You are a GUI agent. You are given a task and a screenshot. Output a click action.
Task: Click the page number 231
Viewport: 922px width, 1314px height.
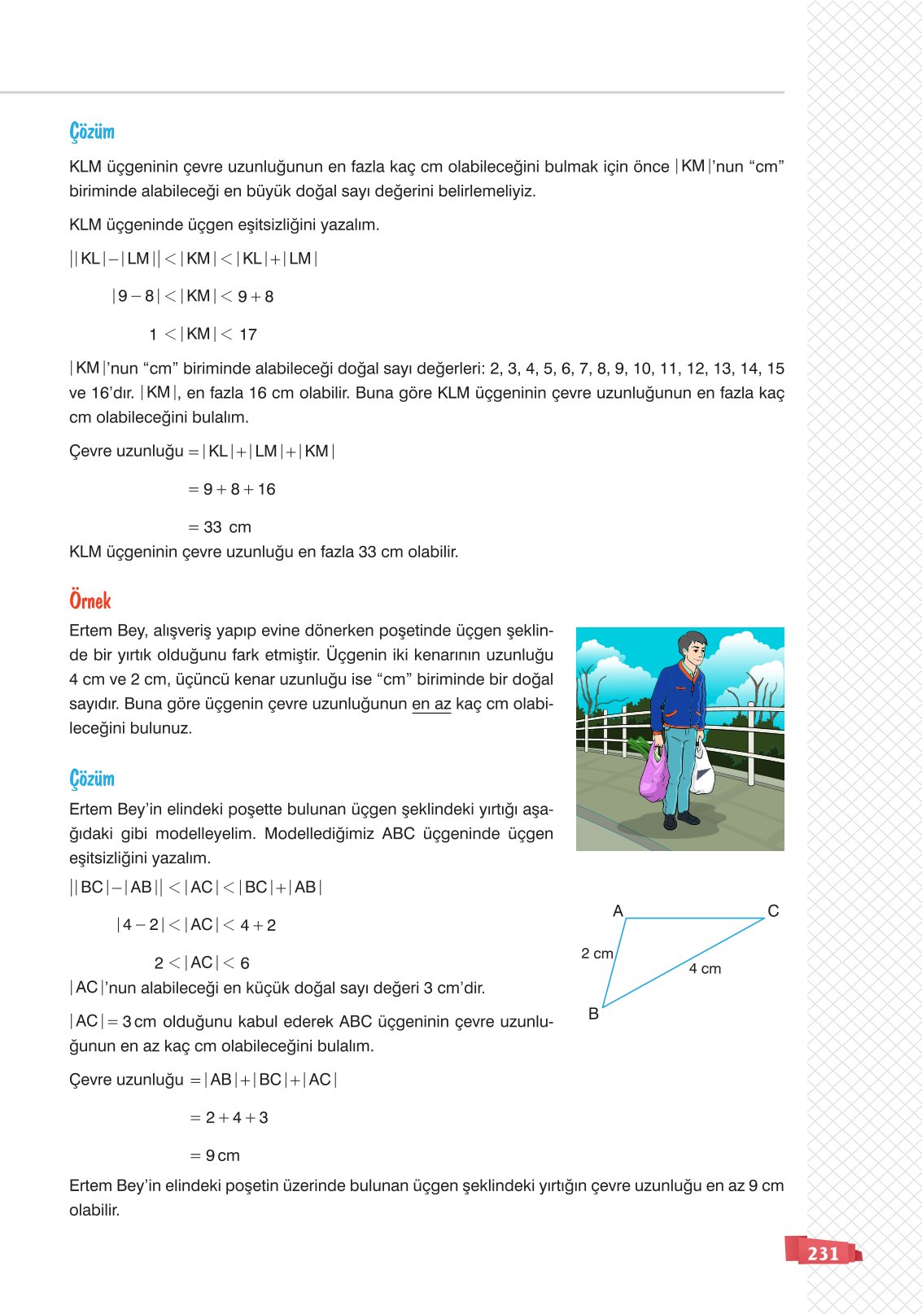point(823,1253)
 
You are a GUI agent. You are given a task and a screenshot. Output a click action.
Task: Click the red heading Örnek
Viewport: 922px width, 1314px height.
point(90,600)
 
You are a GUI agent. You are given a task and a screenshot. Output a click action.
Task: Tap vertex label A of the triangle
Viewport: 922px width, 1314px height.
point(618,910)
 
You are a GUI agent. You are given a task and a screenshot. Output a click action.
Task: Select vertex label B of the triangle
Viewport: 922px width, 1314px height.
point(593,1013)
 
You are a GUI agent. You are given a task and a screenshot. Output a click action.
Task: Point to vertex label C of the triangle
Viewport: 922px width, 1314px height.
point(773,910)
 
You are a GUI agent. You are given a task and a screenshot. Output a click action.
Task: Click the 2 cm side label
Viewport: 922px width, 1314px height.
point(596,953)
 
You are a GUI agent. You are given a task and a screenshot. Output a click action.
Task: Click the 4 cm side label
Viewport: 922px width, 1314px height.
point(705,968)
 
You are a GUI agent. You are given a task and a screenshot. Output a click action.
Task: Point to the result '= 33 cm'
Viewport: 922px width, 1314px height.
point(220,527)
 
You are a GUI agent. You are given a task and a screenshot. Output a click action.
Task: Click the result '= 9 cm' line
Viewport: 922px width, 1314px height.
point(216,1155)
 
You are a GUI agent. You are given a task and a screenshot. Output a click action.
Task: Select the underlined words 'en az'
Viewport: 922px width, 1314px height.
point(431,704)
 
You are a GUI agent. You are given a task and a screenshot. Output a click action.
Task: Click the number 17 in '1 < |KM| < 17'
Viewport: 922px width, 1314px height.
point(248,334)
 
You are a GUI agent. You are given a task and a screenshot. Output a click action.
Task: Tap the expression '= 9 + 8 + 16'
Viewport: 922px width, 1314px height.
point(232,489)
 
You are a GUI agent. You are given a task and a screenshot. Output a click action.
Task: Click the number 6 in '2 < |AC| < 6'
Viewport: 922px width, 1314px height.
point(244,963)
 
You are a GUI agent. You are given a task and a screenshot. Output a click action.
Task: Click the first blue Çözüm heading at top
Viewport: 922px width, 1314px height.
point(92,132)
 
